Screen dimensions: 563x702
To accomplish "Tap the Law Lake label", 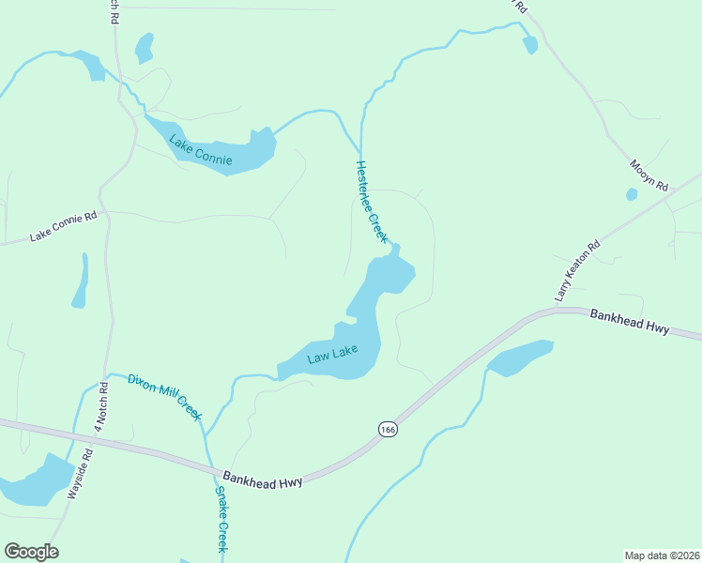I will (332, 356).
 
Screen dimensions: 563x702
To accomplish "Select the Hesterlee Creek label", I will (372, 202).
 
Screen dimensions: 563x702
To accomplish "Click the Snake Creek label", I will (222, 522).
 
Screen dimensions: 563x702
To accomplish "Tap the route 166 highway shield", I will (388, 429).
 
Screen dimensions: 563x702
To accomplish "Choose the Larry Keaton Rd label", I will (576, 273).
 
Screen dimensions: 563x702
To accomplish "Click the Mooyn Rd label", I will (648, 175).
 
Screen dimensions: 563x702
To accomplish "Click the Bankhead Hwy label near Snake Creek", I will (263, 479).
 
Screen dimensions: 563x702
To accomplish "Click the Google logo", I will (31, 552).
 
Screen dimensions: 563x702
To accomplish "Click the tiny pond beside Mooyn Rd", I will (632, 194).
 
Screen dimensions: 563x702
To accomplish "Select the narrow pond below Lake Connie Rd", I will (81, 283).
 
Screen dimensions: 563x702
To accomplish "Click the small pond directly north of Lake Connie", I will (144, 47).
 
